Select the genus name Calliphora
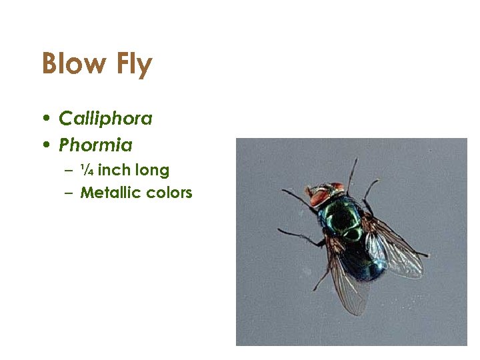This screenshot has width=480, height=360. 105,119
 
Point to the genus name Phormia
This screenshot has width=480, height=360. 95,145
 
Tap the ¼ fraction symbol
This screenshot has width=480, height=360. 86,170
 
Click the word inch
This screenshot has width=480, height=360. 114,170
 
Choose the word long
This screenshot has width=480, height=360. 153,171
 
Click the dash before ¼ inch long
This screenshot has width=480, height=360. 69,171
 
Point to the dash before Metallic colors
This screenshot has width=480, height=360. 69,193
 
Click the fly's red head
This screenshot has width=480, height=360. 325,194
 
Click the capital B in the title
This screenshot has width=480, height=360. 51,64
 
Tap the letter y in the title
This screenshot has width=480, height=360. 145,67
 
